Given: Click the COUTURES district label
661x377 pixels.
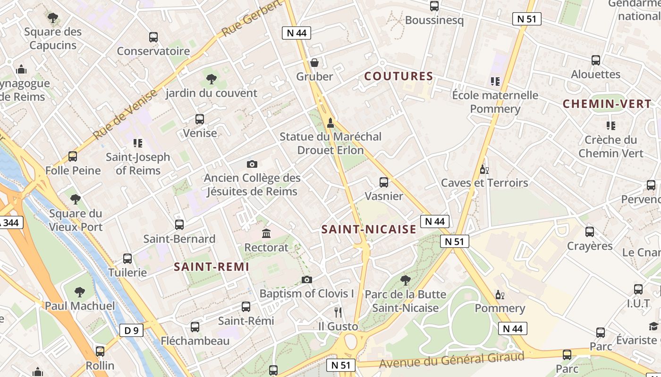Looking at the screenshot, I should [x=399, y=76].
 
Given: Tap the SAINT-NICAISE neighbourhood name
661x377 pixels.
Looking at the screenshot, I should [x=369, y=229].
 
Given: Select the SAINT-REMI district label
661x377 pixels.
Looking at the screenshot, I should [x=212, y=267].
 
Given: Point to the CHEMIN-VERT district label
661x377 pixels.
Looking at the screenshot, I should [x=607, y=104].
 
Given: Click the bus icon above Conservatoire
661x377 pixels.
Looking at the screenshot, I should [x=153, y=37].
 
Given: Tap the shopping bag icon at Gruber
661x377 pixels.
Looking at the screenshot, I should [x=314, y=63].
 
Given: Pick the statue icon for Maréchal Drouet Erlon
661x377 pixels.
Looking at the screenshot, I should [x=330, y=123].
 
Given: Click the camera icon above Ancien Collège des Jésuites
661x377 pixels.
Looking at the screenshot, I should [x=252, y=164].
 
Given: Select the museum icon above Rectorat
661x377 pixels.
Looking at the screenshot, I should [x=266, y=233].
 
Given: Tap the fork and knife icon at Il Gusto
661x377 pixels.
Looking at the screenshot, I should [x=338, y=312].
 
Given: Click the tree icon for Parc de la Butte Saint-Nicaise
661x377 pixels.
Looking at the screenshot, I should [x=405, y=280].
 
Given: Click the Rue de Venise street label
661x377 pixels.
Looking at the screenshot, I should [x=125, y=115].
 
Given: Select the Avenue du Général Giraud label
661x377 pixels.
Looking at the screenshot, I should [x=452, y=361].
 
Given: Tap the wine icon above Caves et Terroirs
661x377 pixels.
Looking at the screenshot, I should [x=484, y=169].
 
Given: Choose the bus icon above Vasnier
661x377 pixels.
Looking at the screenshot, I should [x=384, y=182].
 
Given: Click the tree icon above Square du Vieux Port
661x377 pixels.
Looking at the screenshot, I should [x=75, y=199].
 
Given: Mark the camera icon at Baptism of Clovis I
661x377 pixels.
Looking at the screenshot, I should [x=307, y=279].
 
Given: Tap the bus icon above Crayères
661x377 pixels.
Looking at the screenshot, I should [x=590, y=232].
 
